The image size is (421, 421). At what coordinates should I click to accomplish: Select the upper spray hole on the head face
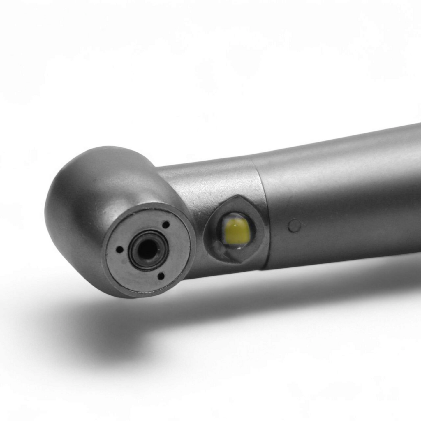[166, 224]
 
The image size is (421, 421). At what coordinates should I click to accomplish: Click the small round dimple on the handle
[294, 226]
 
